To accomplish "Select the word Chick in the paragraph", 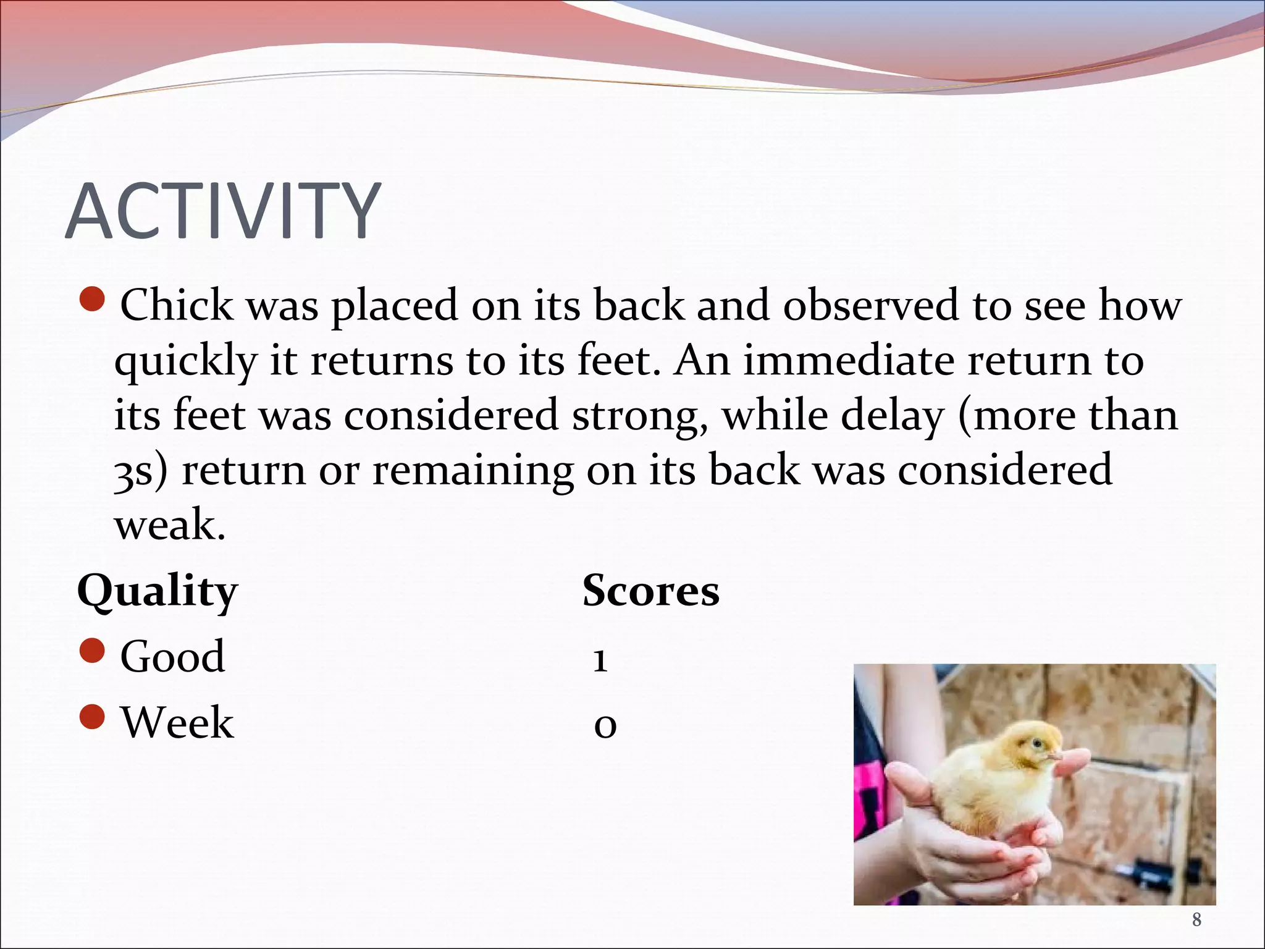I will coord(177,305).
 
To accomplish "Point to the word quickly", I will coord(185,361).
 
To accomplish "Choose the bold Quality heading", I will coord(158,591).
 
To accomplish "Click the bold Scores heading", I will coord(650,591).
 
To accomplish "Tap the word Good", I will coord(172,656).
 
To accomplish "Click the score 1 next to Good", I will coord(600,660).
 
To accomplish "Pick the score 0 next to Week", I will coord(605,726).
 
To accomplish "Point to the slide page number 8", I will coord(1196,920).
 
